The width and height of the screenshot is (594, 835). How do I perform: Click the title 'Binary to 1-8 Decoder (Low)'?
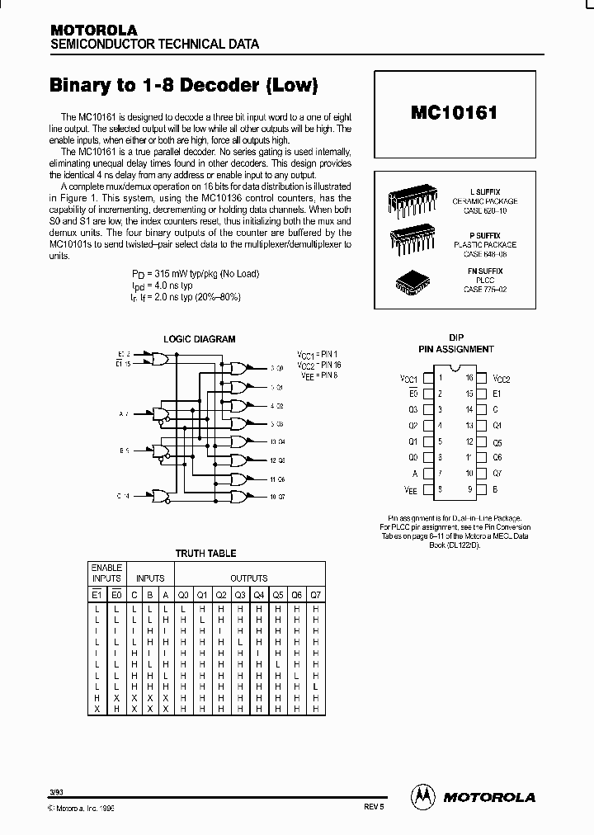tap(184, 85)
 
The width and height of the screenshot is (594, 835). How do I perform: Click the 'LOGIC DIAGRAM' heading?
tap(199, 339)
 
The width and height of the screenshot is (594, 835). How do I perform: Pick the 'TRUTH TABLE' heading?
tap(205, 554)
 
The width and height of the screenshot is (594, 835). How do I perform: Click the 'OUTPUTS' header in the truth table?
tap(248, 578)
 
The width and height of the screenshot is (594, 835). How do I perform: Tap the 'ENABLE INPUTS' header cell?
tap(106, 573)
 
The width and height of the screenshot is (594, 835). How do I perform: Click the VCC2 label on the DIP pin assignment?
tap(502, 379)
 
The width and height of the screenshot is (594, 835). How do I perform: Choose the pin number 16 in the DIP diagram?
tap(469, 378)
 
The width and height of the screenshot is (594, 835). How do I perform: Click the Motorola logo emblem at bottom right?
tap(422, 796)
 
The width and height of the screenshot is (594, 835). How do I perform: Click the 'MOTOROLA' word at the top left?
tap(93, 30)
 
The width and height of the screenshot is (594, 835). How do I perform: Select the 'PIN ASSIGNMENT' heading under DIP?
tap(456, 350)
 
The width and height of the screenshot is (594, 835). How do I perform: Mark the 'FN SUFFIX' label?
tap(485, 271)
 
